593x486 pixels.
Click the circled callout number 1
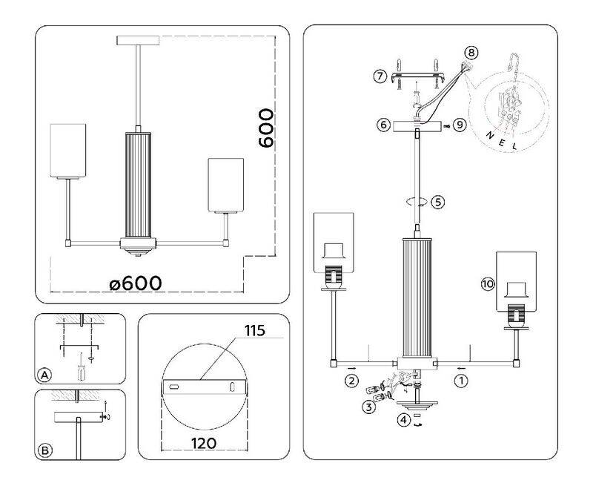point(460,382)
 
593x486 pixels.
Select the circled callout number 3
point(368,407)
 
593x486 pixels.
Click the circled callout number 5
point(438,201)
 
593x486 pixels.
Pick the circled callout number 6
point(383,125)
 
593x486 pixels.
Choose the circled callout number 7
point(380,76)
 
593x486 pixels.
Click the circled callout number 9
point(460,125)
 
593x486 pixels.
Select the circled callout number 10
point(487,285)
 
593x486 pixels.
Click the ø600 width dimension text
point(135,283)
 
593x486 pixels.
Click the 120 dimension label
point(202,443)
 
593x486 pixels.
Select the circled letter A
point(45,375)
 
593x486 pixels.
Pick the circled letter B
point(45,450)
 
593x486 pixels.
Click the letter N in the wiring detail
point(487,134)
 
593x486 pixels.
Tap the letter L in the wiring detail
point(514,147)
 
